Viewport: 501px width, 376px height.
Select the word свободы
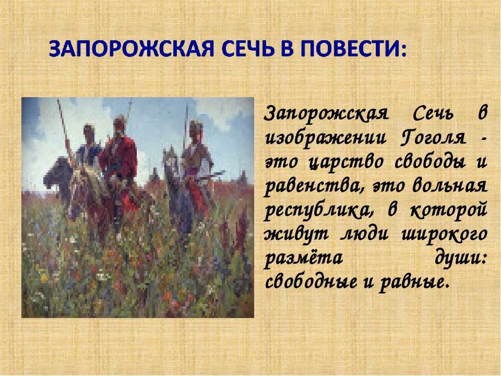coord(430,162)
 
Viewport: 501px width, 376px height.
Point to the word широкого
coord(444,234)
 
